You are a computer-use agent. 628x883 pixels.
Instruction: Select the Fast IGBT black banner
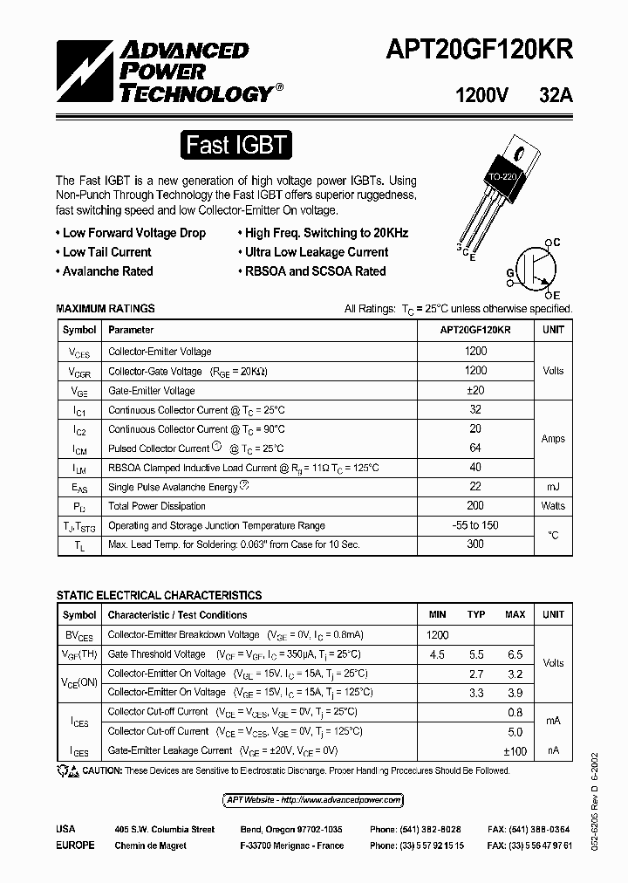tap(235, 144)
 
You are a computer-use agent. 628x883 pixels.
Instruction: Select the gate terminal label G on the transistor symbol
tap(509, 273)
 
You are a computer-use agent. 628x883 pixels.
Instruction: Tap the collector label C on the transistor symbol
tap(556, 242)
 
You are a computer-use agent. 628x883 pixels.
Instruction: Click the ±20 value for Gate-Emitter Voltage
tap(476, 390)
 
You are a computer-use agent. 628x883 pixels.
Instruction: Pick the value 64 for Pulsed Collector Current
tap(476, 448)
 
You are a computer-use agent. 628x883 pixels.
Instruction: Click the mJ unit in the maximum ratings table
tap(553, 486)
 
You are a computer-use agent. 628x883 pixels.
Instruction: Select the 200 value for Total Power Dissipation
tap(476, 505)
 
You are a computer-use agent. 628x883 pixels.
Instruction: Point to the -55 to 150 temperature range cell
tap(476, 525)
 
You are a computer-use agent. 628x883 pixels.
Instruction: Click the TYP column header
tap(476, 614)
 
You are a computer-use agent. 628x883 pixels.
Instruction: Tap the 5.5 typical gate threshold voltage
tap(476, 654)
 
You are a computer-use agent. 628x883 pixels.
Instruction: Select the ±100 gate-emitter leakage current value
tap(515, 750)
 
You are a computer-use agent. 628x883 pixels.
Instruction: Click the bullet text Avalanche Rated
tap(107, 271)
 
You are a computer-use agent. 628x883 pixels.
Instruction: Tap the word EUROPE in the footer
tap(75, 845)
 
